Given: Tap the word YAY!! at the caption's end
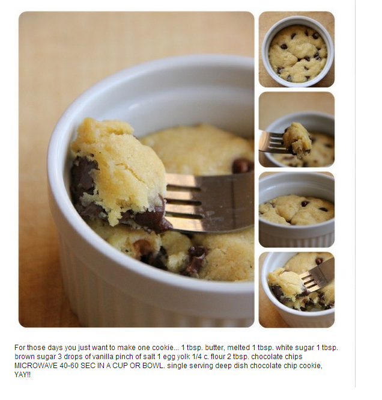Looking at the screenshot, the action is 22,375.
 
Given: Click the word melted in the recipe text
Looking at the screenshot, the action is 238,348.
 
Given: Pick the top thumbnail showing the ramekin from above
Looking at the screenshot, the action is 297,49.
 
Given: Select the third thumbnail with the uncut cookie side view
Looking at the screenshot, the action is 297,210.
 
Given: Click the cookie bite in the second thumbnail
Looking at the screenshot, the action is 297,140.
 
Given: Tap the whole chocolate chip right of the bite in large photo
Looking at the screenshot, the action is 242,166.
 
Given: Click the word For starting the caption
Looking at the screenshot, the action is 20,348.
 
